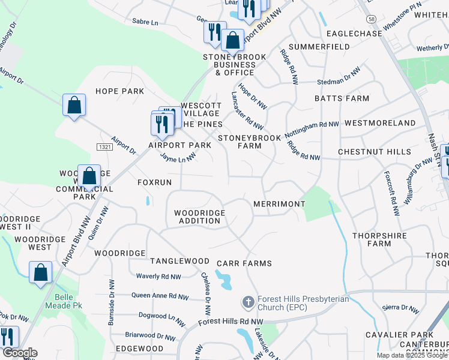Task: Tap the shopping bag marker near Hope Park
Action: pos(74,106)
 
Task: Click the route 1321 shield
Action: pos(104,146)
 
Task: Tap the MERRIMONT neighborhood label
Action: pos(279,204)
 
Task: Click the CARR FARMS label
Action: pos(244,263)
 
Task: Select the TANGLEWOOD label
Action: pos(179,261)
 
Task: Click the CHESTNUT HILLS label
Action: pos(374,152)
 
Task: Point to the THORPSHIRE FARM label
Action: pos(379,239)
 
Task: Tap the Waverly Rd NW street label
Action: pos(158,277)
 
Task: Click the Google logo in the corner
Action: pos(20,353)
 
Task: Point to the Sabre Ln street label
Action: pos(146,22)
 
